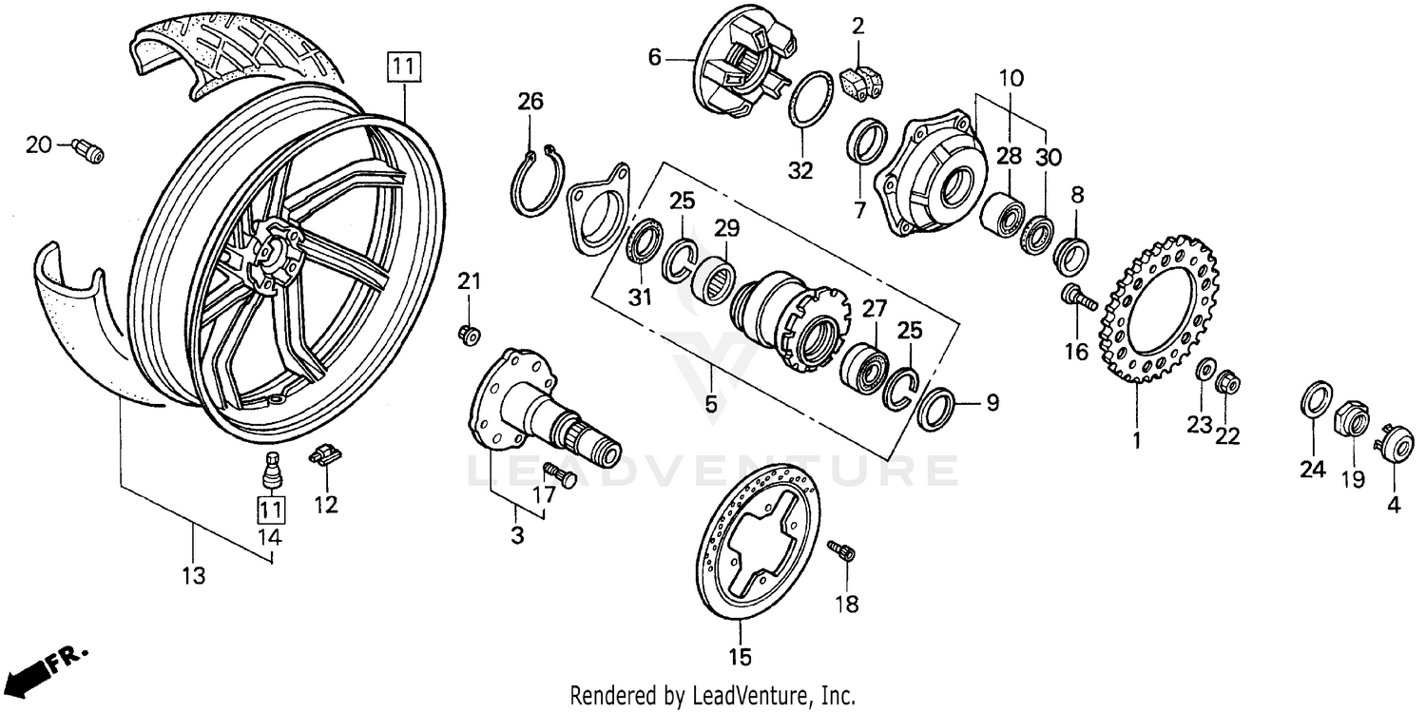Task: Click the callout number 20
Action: pyautogui.click(x=38, y=144)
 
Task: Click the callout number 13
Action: pyautogui.click(x=193, y=576)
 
